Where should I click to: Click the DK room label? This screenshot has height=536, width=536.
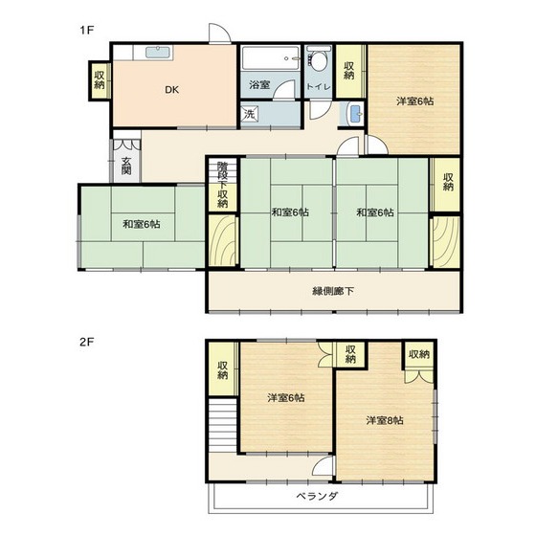pos(172,90)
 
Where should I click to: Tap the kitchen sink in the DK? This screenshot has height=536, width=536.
pos(157,53)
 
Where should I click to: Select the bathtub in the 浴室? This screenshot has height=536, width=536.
pos(270,57)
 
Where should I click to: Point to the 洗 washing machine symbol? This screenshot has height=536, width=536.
pos(249,114)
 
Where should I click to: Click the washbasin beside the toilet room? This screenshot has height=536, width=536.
pos(355,114)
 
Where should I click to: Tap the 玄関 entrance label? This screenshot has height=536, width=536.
pos(126,166)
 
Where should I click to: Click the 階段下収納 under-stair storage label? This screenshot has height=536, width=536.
pos(222,184)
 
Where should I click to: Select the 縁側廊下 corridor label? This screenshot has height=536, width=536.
pos(333,291)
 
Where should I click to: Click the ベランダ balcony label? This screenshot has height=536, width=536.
pos(317,496)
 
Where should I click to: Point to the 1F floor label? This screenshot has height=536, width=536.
pos(87,30)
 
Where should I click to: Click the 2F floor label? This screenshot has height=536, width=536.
pos(87,342)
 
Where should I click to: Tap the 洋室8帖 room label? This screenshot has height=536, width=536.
pos(385,420)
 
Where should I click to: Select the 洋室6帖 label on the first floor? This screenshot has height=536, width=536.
pos(415,101)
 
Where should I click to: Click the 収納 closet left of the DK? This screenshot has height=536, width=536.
pos(100,80)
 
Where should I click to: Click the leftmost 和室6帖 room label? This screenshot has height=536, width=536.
pos(142,224)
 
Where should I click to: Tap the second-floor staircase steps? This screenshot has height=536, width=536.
pos(222,425)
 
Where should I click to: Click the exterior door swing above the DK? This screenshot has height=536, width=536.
pos(220,33)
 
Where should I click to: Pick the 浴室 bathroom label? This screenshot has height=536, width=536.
pos(259,84)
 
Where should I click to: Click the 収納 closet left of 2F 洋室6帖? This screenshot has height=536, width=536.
pos(223,369)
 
